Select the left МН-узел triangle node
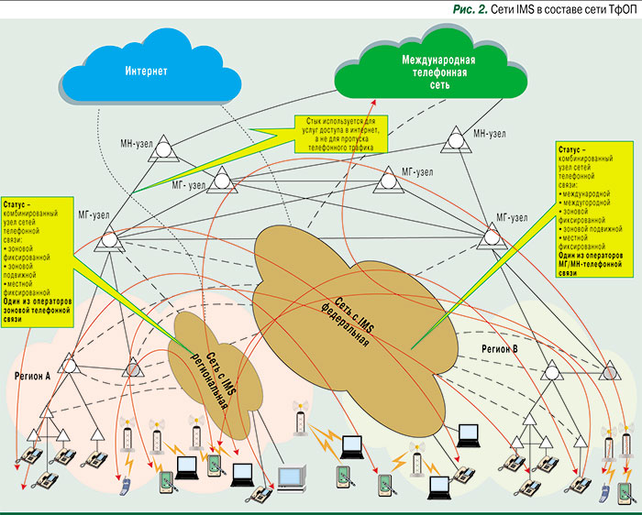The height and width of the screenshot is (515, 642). click(162, 145)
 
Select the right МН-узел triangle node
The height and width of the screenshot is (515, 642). click(455, 140)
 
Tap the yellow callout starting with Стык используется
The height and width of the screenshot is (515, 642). click(342, 134)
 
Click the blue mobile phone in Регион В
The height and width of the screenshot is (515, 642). click(605, 494)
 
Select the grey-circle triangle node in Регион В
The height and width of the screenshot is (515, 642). click(609, 371)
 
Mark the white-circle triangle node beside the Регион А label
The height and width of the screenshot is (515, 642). click(67, 361)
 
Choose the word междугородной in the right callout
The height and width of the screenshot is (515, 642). click(589, 203)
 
